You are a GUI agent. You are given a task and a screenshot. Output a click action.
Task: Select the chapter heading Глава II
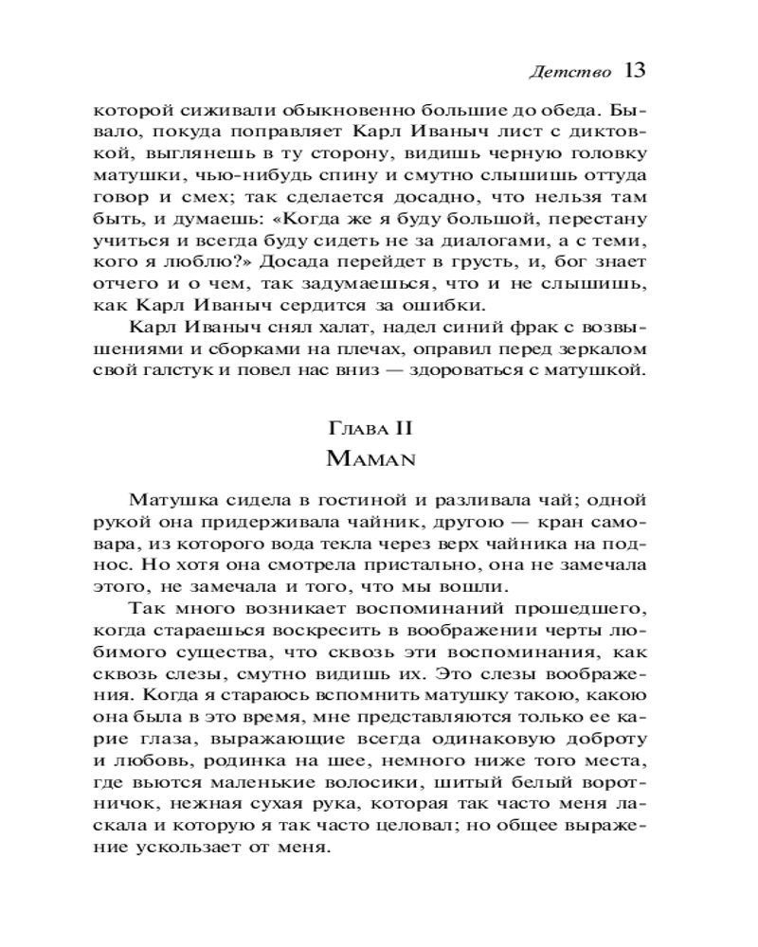click(x=376, y=429)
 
